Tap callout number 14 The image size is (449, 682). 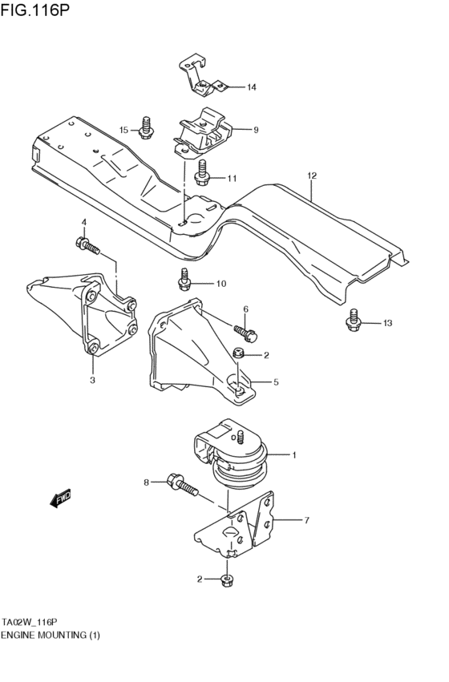(x=251, y=87)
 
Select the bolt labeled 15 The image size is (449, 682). (x=146, y=127)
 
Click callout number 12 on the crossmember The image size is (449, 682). (x=312, y=175)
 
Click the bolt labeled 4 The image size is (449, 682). (x=87, y=244)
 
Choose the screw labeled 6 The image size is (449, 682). (x=244, y=328)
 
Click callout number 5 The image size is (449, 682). (x=275, y=382)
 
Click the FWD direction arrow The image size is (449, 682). (x=61, y=499)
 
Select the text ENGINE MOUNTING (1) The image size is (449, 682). (x=51, y=634)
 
